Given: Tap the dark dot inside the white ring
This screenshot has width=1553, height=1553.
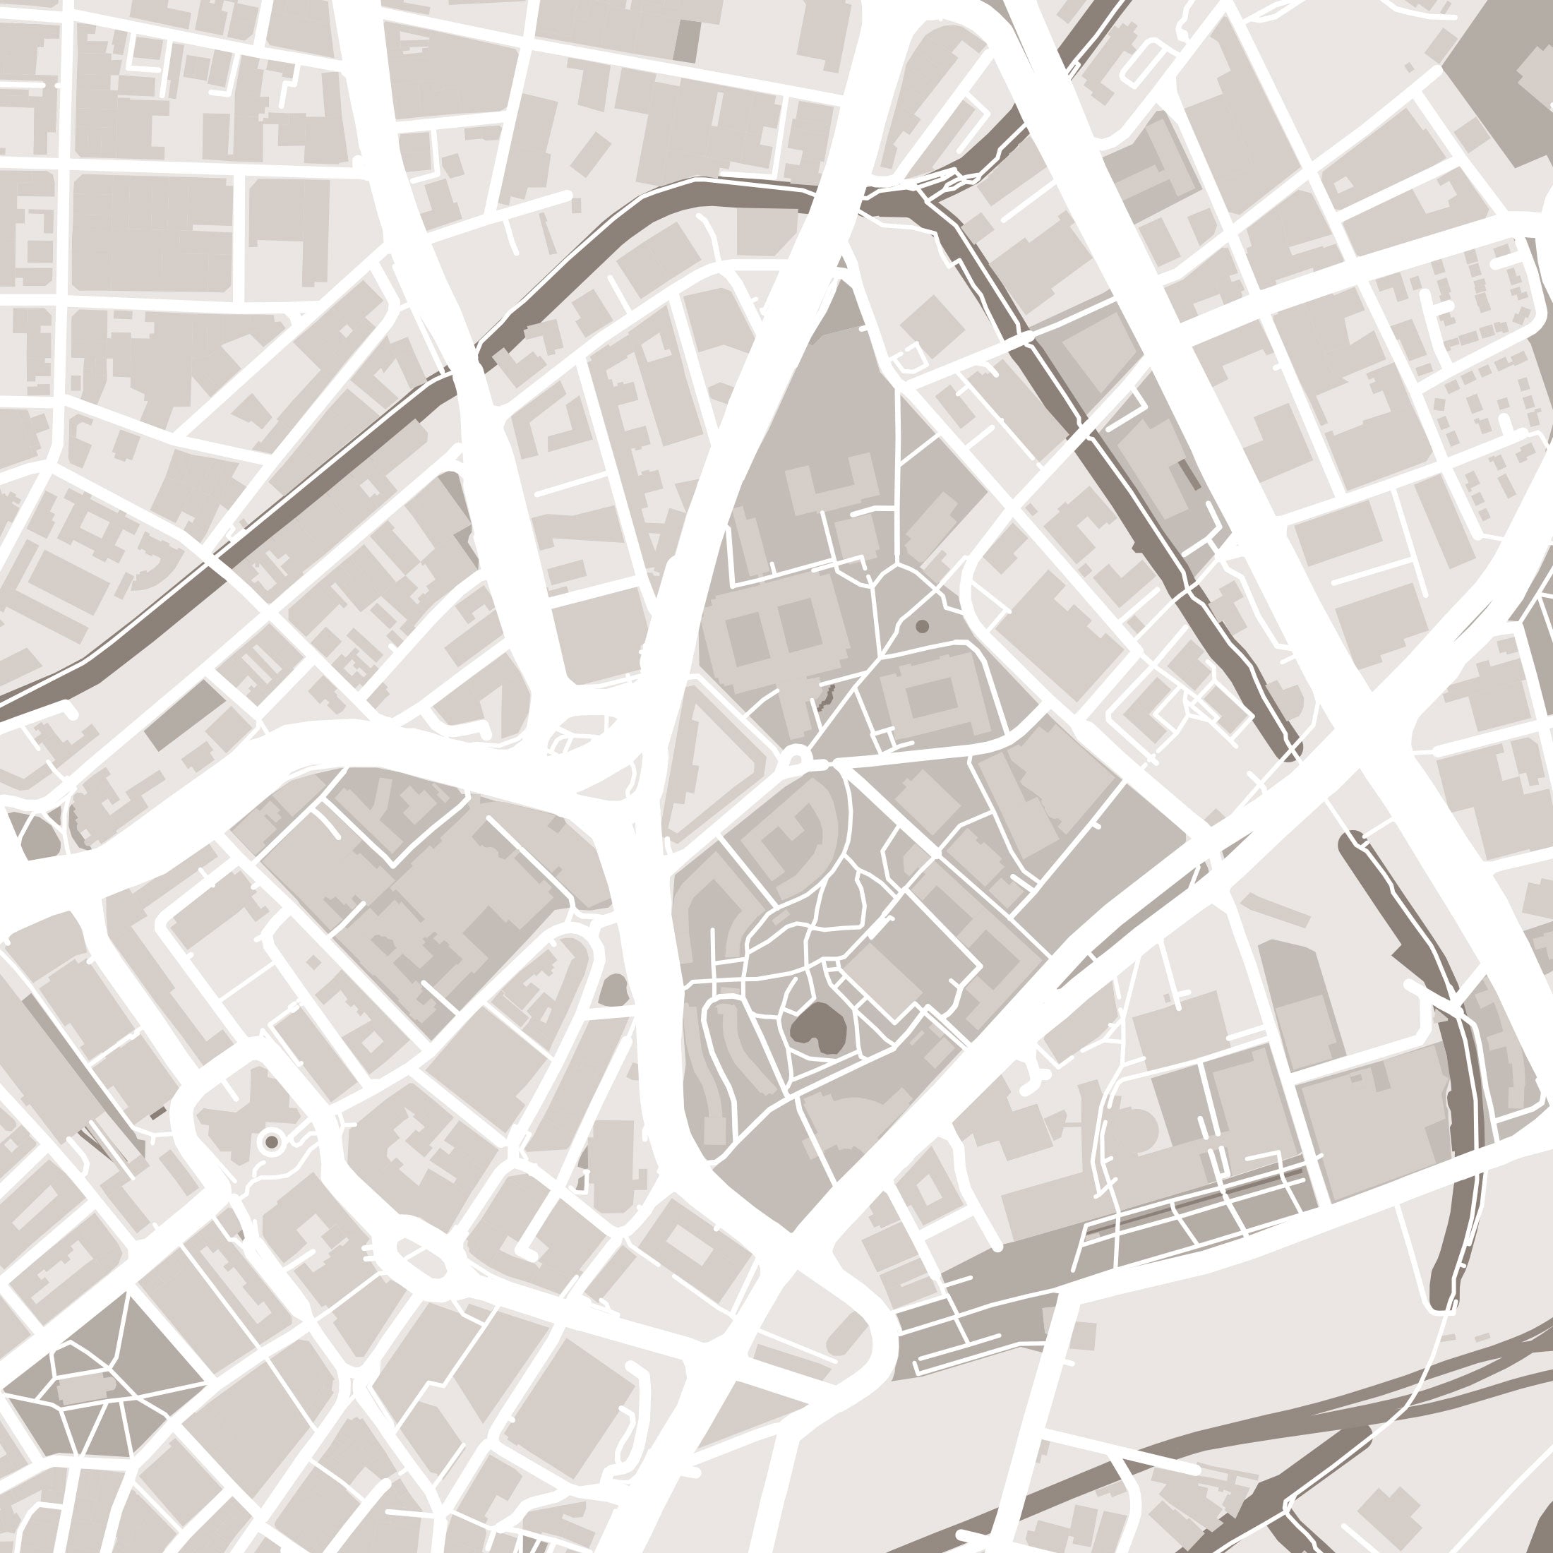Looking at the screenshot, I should click(x=272, y=1141).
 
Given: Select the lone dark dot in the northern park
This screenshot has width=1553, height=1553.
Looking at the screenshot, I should click(x=922, y=625).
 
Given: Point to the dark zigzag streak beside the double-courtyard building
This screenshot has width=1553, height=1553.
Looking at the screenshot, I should click(x=825, y=696).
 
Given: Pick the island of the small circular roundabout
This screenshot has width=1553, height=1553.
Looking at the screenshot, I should click(x=796, y=757).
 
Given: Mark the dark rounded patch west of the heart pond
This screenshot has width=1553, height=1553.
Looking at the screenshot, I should click(x=614, y=990).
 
